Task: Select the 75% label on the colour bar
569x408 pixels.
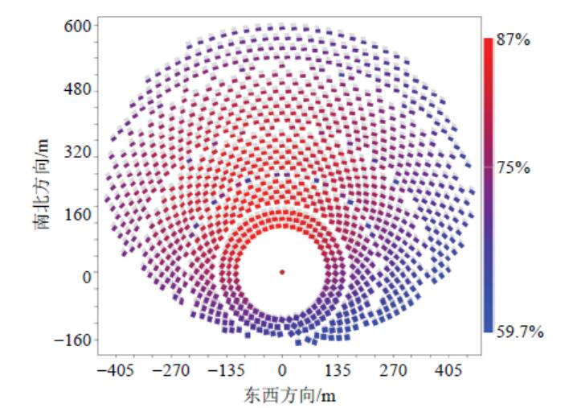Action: pos(514,168)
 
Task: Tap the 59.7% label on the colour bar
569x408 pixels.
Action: pos(519,330)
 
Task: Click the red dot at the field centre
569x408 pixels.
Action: pos(282,272)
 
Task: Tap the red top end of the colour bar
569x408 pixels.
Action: pos(488,42)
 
